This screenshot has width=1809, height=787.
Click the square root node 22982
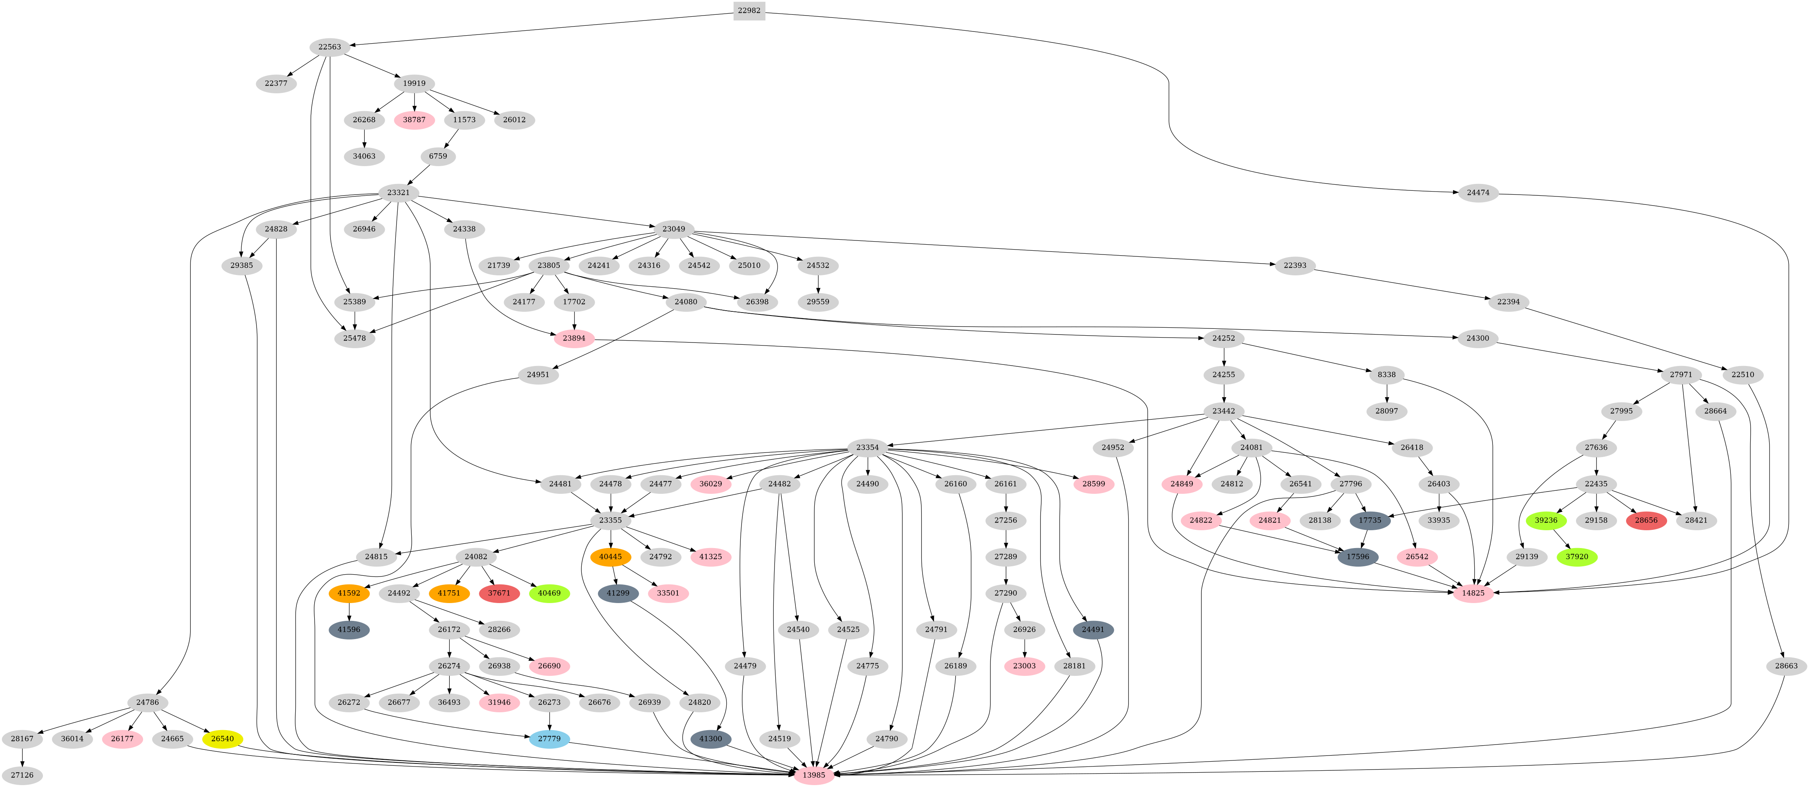pyautogui.click(x=749, y=11)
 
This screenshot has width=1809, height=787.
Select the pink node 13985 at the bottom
pyautogui.click(x=814, y=775)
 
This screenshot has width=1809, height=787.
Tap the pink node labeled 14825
pyautogui.click(x=1473, y=593)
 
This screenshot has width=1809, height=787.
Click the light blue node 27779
pyautogui.click(x=549, y=738)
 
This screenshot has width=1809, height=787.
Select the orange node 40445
pyautogui.click(x=610, y=557)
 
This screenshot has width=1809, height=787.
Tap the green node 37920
pyautogui.click(x=1576, y=557)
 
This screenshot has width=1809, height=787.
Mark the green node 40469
pyautogui.click(x=549, y=593)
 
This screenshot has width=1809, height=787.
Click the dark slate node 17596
pyautogui.click(x=1357, y=557)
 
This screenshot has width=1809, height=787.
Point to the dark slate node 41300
pyautogui.click(x=711, y=738)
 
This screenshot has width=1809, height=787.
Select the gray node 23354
pyautogui.click(x=867, y=447)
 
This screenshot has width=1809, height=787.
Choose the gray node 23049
pyautogui.click(x=674, y=229)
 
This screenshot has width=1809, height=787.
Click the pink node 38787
pyautogui.click(x=414, y=119)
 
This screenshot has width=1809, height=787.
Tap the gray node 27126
pyautogui.click(x=22, y=775)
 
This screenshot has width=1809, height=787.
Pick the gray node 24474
pyautogui.click(x=1478, y=192)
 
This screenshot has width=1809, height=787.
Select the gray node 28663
pyautogui.click(x=1786, y=666)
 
